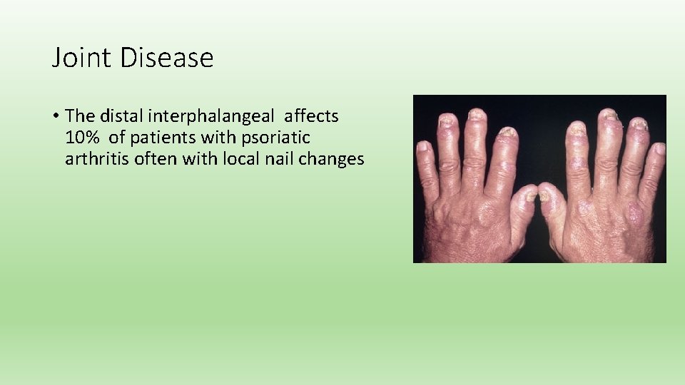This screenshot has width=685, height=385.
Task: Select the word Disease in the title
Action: (167, 58)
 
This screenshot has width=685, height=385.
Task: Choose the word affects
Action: (311, 115)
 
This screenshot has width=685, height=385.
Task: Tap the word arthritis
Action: (91, 158)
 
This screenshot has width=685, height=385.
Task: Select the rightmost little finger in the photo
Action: (655, 168)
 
